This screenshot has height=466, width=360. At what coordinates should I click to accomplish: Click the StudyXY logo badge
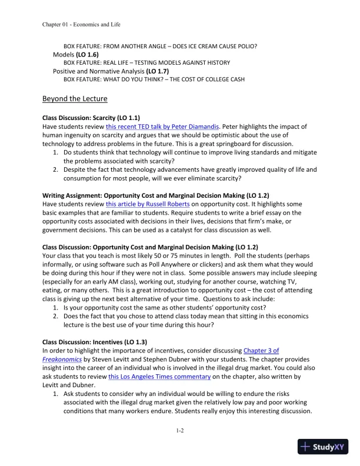pos(323,447)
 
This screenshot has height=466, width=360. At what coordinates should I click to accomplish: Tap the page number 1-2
pos(180,431)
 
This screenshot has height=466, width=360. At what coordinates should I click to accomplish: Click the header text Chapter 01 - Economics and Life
pos(82,24)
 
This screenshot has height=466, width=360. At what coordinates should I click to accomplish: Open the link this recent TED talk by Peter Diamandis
pos(154,127)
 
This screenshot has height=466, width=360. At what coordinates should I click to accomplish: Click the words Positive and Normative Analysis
pos(103,71)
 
